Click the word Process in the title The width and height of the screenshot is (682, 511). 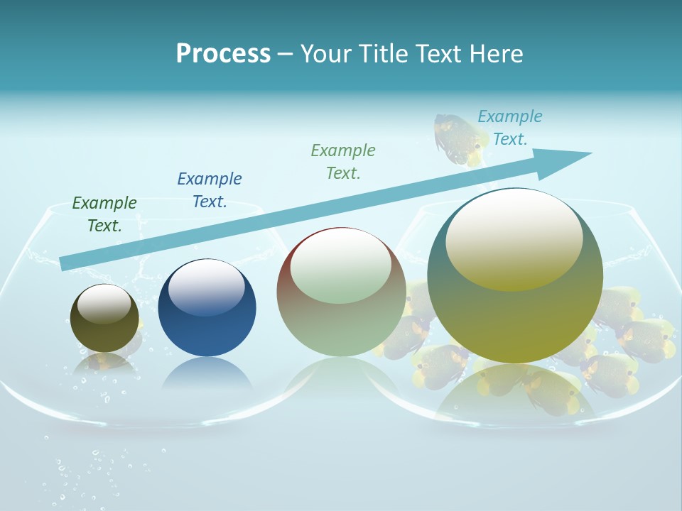tap(223, 54)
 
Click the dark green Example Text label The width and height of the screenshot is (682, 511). tap(104, 214)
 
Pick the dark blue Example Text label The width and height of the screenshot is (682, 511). tap(210, 190)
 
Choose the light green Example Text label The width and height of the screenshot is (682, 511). tap(343, 161)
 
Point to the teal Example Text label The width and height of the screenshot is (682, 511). tap(510, 128)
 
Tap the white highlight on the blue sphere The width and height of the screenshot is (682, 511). tap(206, 287)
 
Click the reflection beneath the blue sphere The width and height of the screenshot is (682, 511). tap(207, 373)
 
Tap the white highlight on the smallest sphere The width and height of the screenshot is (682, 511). tap(104, 304)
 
